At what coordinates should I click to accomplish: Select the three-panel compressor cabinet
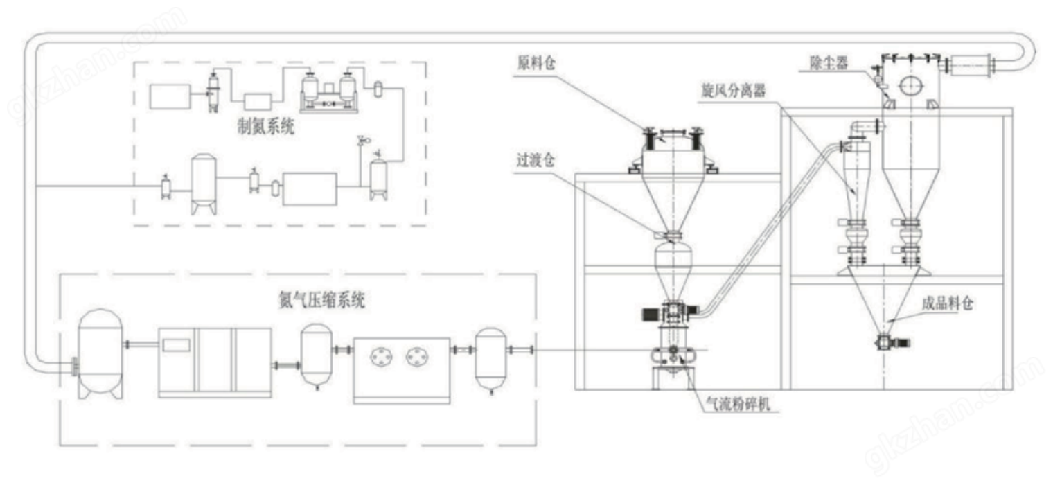point(215,362)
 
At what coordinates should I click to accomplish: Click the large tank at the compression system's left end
point(101,353)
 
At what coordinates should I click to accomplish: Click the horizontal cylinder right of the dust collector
point(971,66)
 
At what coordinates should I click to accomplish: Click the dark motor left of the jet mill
point(652,314)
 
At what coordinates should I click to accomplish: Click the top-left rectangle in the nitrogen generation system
point(170,96)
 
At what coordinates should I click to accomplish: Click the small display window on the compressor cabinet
point(176,344)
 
